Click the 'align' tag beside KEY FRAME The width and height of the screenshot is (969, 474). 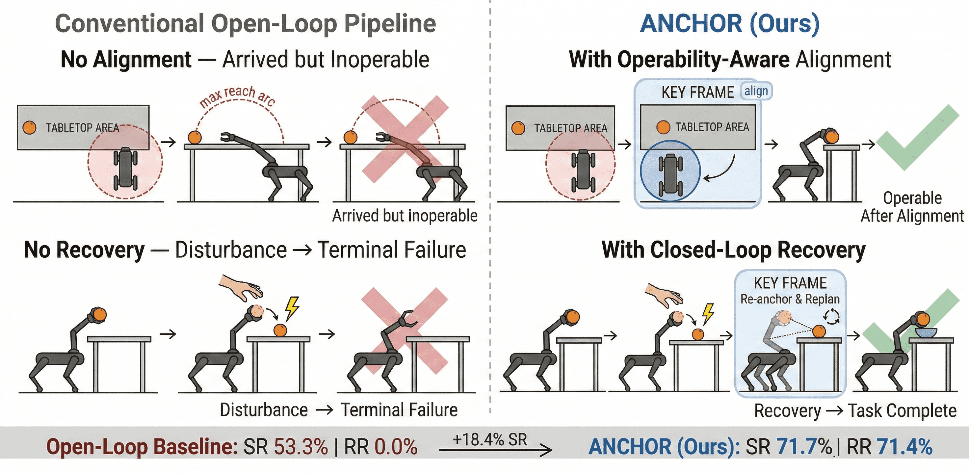pyautogui.click(x=756, y=92)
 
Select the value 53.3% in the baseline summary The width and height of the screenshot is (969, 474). pyautogui.click(x=301, y=447)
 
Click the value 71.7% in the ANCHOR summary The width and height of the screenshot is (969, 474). pyautogui.click(x=804, y=447)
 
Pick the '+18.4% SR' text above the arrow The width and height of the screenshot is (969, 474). pyautogui.click(x=490, y=439)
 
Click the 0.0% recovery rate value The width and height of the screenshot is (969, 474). pyautogui.click(x=396, y=447)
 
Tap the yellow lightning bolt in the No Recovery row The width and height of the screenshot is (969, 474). pyautogui.click(x=292, y=308)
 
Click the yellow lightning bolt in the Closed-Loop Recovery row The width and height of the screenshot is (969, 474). pyautogui.click(x=708, y=313)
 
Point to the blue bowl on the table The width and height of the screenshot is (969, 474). pyautogui.click(x=926, y=332)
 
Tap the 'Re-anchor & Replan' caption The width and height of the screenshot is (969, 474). pyautogui.click(x=790, y=299)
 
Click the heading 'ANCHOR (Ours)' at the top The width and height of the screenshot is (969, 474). pyautogui.click(x=729, y=24)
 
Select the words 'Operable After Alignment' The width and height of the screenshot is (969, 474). pyautogui.click(x=912, y=207)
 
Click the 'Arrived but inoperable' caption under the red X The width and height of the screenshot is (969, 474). pyautogui.click(x=405, y=216)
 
